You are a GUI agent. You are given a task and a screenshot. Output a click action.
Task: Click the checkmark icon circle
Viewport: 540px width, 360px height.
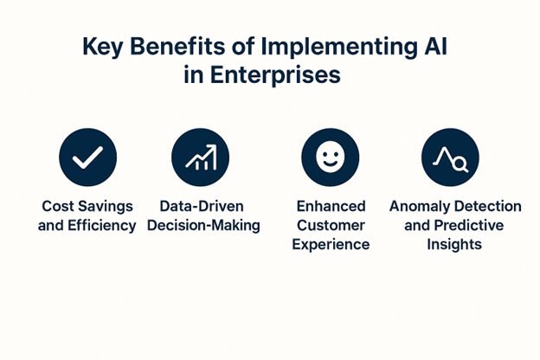click(87, 157)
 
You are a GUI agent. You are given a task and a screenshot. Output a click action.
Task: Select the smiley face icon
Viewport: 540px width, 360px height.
click(330, 157)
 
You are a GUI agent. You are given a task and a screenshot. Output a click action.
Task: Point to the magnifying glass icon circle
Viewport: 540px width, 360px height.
click(450, 157)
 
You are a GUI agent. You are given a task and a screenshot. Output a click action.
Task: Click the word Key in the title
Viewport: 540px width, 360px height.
click(101, 45)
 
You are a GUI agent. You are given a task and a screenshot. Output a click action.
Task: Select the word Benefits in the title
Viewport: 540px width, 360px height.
click(174, 45)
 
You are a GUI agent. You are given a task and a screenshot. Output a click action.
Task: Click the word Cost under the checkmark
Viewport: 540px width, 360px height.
click(59, 207)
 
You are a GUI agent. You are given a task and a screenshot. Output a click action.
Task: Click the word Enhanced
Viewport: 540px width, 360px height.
click(330, 207)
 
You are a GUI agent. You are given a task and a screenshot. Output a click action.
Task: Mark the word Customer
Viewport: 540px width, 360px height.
click(330, 226)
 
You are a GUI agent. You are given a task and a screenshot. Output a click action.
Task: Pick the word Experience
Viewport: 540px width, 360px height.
click(330, 245)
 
